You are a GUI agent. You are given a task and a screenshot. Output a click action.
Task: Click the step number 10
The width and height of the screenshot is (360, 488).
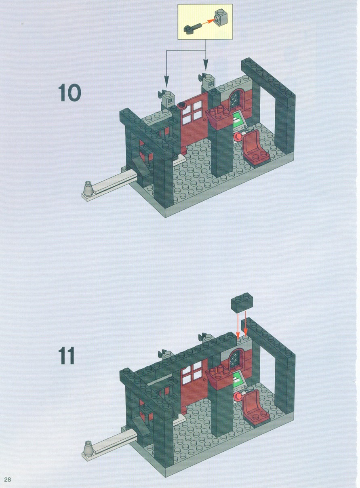pyautogui.click(x=69, y=93)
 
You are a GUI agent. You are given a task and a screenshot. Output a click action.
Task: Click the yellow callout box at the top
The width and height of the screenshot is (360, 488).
pyautogui.click(x=205, y=21)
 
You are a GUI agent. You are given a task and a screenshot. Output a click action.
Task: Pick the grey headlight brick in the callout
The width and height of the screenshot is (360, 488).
pyautogui.click(x=221, y=17)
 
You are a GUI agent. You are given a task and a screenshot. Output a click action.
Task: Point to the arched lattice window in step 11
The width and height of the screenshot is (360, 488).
pyautogui.click(x=236, y=360)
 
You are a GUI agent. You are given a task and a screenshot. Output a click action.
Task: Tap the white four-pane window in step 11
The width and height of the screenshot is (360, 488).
pyautogui.click(x=192, y=373)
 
